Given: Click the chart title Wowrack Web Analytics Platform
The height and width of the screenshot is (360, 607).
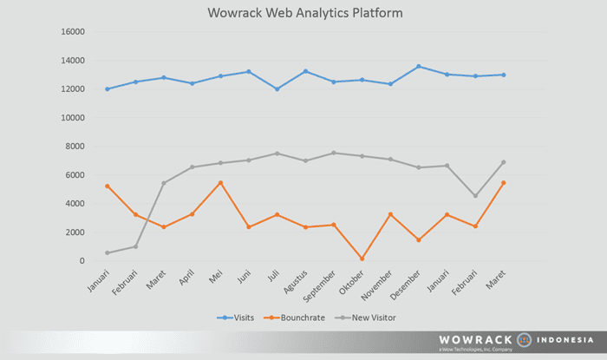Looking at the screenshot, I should [305, 13].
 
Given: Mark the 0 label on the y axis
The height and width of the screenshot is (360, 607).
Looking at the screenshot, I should [82, 261].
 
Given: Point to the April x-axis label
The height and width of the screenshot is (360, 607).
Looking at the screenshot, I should [184, 279].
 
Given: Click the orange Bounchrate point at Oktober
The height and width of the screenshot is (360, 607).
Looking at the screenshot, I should [362, 259].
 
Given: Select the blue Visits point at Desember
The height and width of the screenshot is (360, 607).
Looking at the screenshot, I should [418, 67].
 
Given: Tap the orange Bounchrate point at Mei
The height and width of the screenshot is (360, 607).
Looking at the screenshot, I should [221, 183].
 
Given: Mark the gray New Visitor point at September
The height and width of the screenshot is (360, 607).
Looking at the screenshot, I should [334, 153].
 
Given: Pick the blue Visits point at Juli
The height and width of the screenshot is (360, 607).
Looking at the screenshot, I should [277, 88].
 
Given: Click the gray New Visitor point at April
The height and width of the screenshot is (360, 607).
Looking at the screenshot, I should [193, 167].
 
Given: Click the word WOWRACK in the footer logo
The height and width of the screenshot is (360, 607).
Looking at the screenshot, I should [476, 340].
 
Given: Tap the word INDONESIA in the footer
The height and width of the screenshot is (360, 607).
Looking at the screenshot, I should [565, 340].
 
